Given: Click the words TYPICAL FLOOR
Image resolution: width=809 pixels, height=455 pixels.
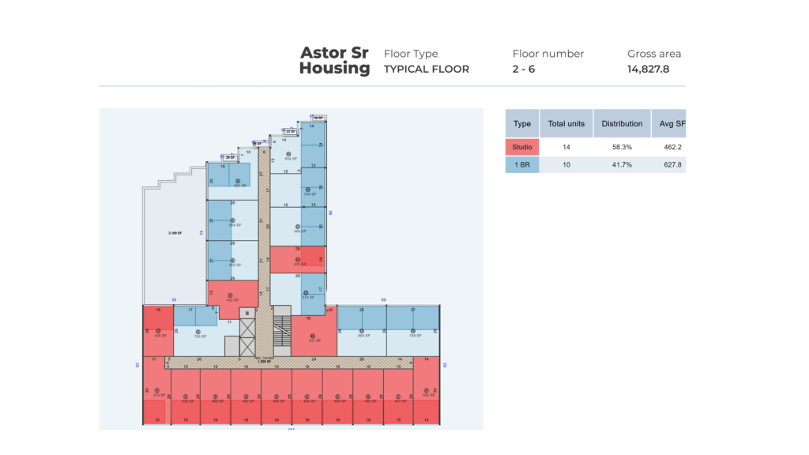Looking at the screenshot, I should [x=427, y=69].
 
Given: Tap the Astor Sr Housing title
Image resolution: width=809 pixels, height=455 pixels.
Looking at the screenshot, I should [x=335, y=61].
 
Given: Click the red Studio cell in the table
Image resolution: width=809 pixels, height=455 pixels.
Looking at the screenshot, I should [x=522, y=147].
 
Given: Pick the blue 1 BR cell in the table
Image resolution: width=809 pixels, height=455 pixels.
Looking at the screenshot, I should [x=522, y=164].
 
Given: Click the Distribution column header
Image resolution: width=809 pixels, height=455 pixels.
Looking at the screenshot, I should [x=622, y=124].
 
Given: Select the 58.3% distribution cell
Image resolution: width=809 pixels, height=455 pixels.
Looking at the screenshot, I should [x=622, y=147].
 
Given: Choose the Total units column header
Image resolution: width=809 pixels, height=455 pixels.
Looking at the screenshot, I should [x=566, y=124].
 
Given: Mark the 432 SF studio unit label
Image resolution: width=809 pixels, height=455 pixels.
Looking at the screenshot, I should [x=231, y=300].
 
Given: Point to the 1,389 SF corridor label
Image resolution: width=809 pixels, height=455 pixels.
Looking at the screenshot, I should [x=262, y=361].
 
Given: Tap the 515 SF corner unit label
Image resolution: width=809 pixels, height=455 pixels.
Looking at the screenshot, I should [x=157, y=395].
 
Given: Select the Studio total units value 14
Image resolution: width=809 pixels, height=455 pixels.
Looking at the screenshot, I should [x=566, y=147].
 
